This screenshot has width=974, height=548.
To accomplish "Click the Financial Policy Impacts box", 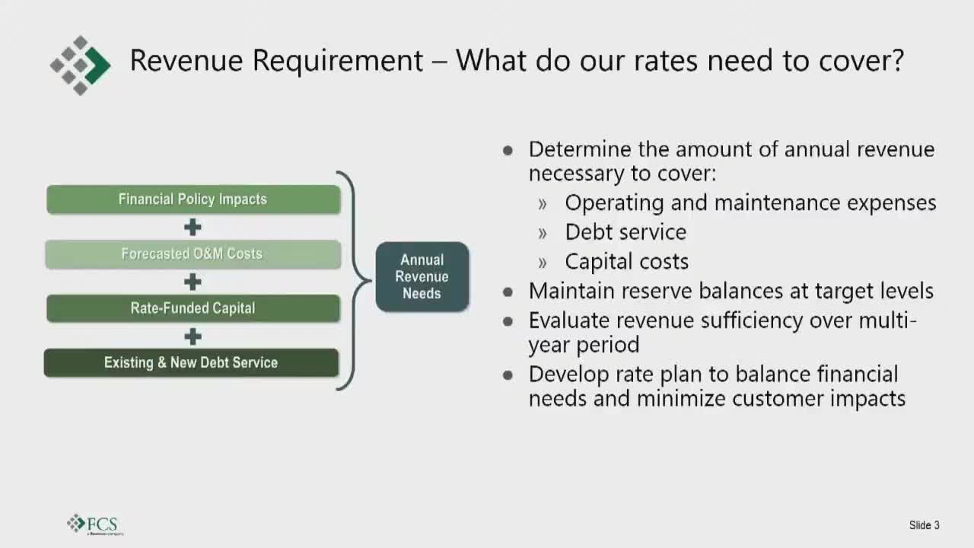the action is point(193,199).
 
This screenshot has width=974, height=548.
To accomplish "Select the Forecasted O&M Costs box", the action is point(193,254).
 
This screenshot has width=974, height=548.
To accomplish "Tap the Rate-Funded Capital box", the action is point(193,308).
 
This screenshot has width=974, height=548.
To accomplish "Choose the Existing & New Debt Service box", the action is point(191,363).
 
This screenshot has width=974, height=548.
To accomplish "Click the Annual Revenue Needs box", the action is point(422,276).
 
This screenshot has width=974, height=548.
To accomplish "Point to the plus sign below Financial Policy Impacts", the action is point(193,227).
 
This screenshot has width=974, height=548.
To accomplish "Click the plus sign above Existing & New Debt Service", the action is point(193,336).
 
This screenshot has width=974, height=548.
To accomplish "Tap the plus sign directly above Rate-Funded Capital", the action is point(193,282).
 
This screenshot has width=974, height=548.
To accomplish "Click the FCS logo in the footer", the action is point(95,524).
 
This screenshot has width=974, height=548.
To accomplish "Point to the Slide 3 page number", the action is point(924,525).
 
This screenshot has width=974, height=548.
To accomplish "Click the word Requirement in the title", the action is point(337,60).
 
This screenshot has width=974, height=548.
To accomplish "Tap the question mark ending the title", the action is point(896,59).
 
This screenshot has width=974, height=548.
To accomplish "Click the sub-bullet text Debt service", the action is point(625,232).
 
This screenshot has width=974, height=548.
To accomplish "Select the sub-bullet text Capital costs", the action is point(626,261).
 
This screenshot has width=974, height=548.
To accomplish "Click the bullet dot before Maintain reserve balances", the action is point(508,292).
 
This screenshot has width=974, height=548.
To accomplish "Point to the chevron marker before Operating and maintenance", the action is point(542,204).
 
